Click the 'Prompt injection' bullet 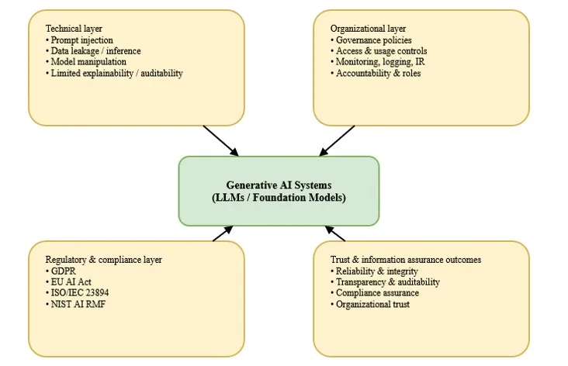[x=81, y=40]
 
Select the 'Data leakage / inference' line [x=95, y=50]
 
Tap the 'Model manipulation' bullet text [x=88, y=62]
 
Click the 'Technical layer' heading [x=74, y=29]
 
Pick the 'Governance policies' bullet [x=373, y=40]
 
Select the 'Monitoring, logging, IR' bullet [x=380, y=62]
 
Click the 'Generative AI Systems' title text [x=279, y=185]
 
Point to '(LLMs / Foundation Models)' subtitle [x=279, y=198]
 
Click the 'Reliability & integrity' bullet [x=376, y=271]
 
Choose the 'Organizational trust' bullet [x=372, y=304]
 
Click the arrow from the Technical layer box [x=220, y=140]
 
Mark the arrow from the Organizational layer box [x=337, y=140]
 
